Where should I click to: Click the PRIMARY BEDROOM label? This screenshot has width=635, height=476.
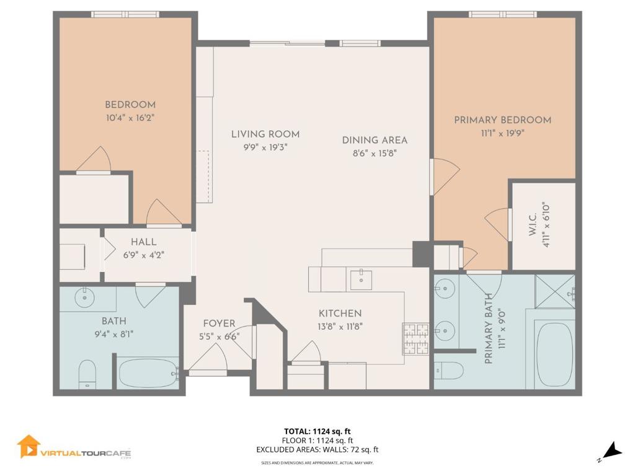click(502, 120)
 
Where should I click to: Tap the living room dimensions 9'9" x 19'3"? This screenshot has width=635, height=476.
click(265, 148)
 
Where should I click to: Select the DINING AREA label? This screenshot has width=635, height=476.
click(375, 140)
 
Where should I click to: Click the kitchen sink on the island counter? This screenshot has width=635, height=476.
click(360, 280)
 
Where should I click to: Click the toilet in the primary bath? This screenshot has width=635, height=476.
click(448, 370)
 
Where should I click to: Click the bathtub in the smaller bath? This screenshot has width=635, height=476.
click(148, 373)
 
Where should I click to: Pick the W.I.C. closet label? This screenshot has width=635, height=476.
click(545, 224)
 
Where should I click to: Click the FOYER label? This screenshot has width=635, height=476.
click(219, 324)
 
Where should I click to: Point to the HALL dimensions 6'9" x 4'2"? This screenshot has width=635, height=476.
click(143, 254)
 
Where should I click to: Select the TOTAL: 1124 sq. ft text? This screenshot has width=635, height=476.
click(317, 431)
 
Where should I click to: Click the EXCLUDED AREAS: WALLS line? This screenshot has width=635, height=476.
click(317, 450)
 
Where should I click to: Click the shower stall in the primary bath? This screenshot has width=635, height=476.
click(556, 291)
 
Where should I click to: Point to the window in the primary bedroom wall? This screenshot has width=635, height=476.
click(502, 14)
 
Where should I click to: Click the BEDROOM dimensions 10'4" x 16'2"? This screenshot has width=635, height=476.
click(130, 117)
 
